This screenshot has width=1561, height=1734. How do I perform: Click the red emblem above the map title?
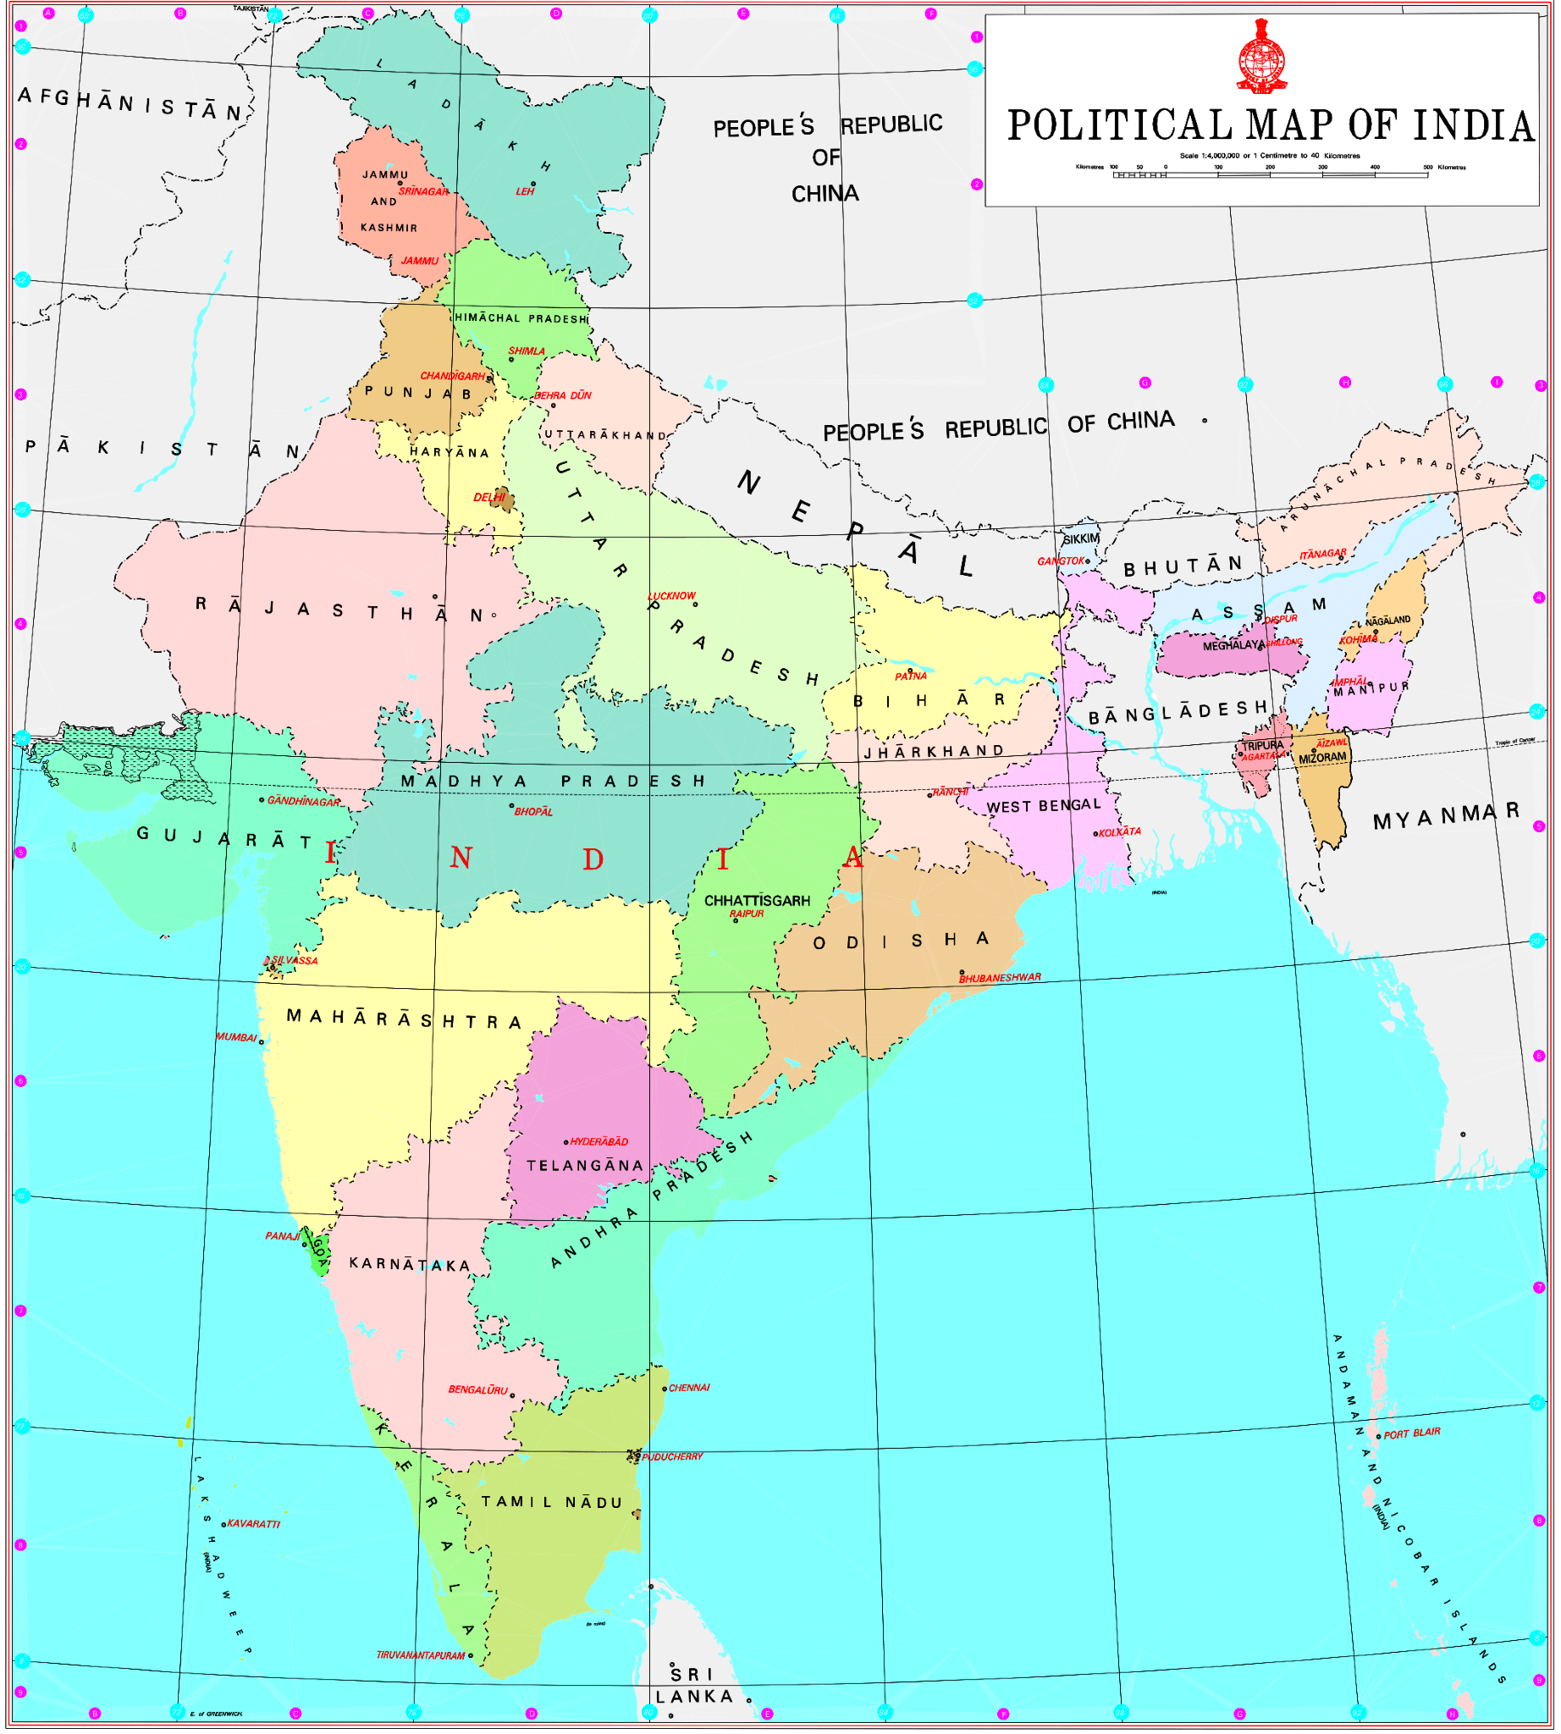(x=1261, y=57)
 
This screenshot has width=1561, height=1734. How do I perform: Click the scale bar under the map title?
(x=1271, y=175)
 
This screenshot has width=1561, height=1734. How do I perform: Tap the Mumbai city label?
(x=236, y=1037)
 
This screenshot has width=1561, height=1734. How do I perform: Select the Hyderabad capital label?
(x=598, y=1142)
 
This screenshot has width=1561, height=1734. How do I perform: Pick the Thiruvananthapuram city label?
(x=420, y=1655)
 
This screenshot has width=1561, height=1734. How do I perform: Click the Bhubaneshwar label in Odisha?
(x=999, y=977)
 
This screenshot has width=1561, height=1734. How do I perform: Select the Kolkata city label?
(x=1119, y=832)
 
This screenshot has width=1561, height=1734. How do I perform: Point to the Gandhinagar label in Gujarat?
(x=304, y=801)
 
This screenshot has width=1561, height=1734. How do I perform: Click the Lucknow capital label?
(x=671, y=595)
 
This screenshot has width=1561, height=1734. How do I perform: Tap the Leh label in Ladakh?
(x=525, y=191)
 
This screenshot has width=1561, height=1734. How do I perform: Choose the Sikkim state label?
(x=1081, y=538)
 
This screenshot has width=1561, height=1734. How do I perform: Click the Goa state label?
(x=319, y=1253)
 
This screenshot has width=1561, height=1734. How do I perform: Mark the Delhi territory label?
(x=489, y=498)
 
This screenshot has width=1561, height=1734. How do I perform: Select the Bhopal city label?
(x=533, y=812)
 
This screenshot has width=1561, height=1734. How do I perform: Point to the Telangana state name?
(x=585, y=1166)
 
